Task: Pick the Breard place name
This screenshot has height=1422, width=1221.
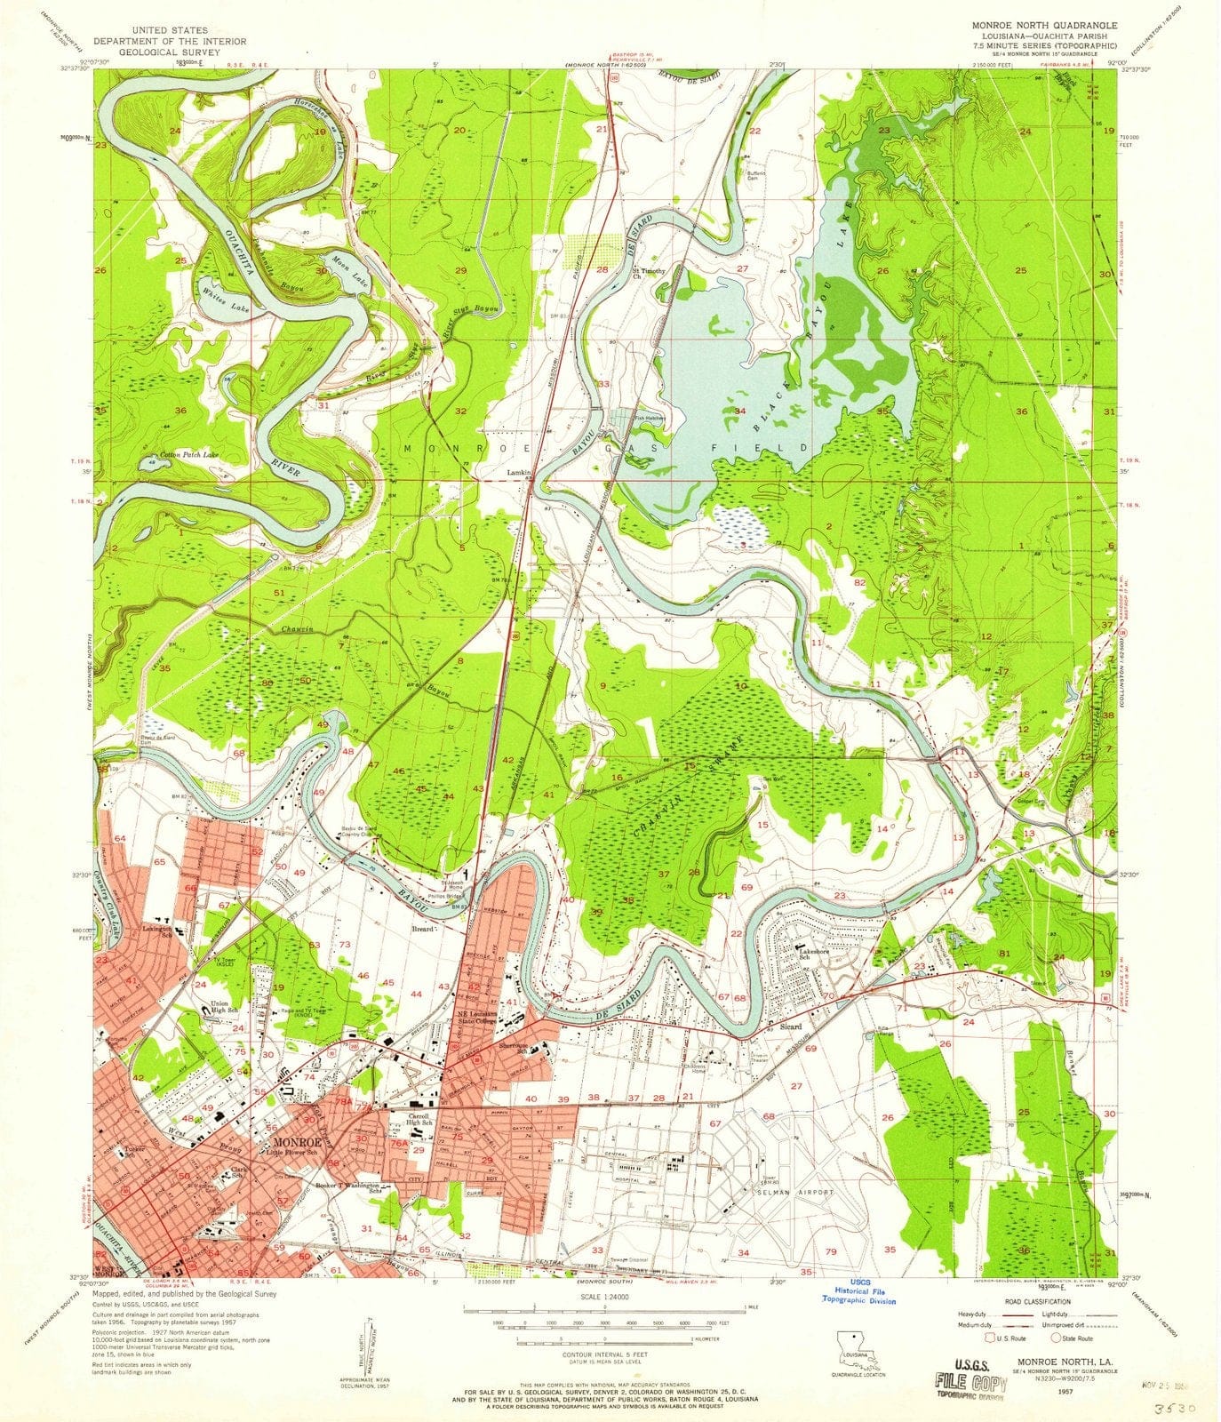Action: [x=422, y=928]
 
